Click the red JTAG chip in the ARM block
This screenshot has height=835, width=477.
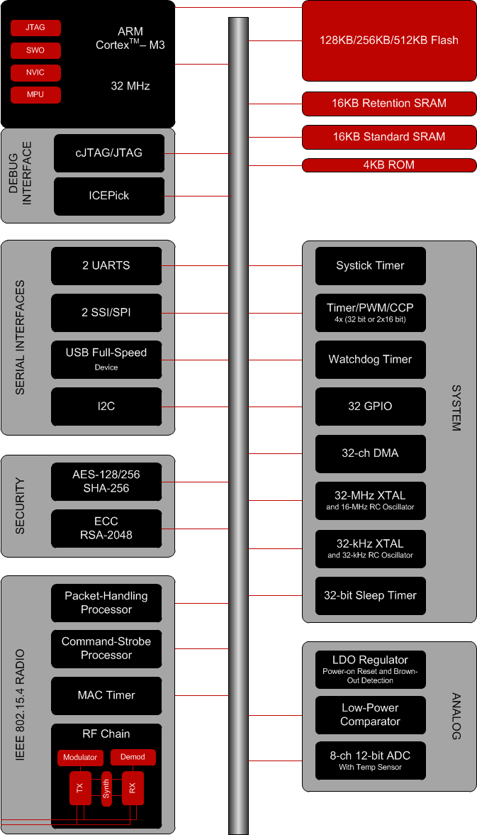tap(35, 28)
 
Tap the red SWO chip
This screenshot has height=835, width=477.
tap(35, 50)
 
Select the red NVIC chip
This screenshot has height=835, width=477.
tap(35, 72)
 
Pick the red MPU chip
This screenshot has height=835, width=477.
tap(35, 94)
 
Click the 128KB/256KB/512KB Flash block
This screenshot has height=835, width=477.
tap(389, 40)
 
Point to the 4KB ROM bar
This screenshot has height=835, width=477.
tap(389, 165)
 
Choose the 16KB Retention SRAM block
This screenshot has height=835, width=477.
tap(389, 104)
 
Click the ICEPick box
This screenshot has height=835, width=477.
tap(109, 196)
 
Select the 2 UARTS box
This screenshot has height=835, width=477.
tap(106, 266)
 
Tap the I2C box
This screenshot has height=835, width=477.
tap(106, 407)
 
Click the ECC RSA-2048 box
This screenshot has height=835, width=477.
tap(106, 529)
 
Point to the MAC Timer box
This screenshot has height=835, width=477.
tap(106, 695)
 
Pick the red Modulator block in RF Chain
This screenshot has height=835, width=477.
tap(80, 758)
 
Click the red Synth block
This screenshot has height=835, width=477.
tap(106, 789)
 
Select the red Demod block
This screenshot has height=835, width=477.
tap(133, 758)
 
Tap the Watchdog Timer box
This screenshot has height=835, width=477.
tap(370, 360)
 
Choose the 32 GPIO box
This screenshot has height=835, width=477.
tap(370, 407)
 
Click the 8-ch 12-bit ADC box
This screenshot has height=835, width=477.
tap(370, 761)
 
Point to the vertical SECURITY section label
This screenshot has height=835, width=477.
tap(20, 506)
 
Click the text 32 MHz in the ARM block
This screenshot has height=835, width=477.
tap(130, 87)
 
